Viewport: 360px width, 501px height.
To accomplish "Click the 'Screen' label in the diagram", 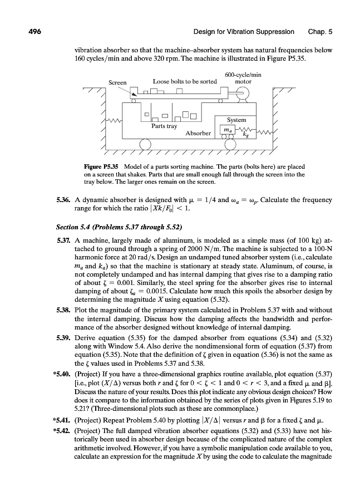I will [117, 83].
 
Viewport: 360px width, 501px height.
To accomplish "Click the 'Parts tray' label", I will [164, 126].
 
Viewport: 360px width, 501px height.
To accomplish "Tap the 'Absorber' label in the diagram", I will [198, 133].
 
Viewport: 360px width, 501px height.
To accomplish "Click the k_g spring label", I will [246, 134].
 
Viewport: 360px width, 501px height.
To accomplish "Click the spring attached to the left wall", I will [114, 121].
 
